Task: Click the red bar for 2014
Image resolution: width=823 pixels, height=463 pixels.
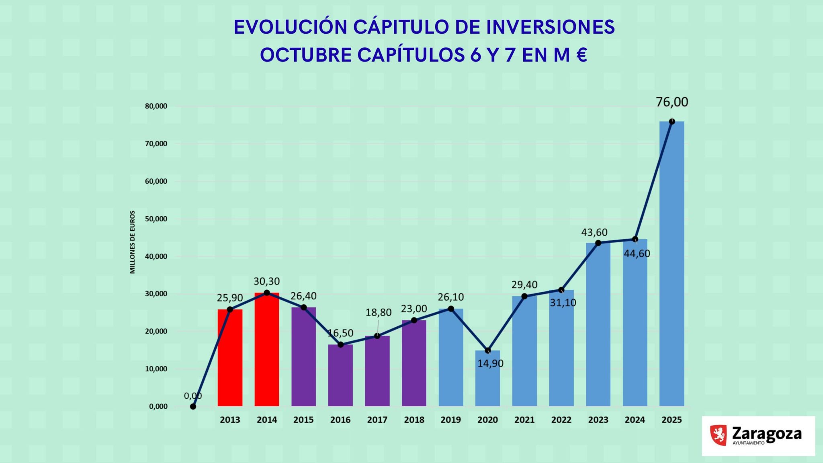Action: pyautogui.click(x=266, y=350)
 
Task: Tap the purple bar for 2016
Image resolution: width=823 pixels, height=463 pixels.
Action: pyautogui.click(x=340, y=375)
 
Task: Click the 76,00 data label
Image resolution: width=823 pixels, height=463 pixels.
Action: pyautogui.click(x=672, y=102)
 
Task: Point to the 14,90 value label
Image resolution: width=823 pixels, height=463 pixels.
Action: pyautogui.click(x=490, y=364)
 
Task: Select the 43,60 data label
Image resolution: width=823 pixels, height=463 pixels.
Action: pyautogui.click(x=594, y=232)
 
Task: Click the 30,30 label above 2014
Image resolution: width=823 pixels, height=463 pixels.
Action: pyautogui.click(x=266, y=281)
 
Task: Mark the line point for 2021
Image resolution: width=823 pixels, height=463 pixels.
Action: pyautogui.click(x=524, y=296)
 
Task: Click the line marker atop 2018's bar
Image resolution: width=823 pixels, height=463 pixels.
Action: pyautogui.click(x=414, y=320)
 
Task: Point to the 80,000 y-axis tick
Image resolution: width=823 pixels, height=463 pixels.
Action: pyautogui.click(x=156, y=107)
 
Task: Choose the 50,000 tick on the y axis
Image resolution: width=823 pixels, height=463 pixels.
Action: pyautogui.click(x=156, y=219)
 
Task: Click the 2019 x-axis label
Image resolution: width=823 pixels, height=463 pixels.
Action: pyautogui.click(x=450, y=420)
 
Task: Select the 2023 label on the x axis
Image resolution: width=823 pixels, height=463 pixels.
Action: pyautogui.click(x=598, y=420)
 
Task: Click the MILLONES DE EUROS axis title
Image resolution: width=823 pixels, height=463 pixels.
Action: pyautogui.click(x=133, y=242)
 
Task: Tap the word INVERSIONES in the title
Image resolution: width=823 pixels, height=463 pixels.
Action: pyautogui.click(x=550, y=27)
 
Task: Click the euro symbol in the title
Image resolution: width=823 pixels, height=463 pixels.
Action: pyautogui.click(x=581, y=55)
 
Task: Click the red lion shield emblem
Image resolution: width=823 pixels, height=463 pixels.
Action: pyautogui.click(x=719, y=435)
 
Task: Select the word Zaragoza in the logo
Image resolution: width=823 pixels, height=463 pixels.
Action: pyautogui.click(x=766, y=434)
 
